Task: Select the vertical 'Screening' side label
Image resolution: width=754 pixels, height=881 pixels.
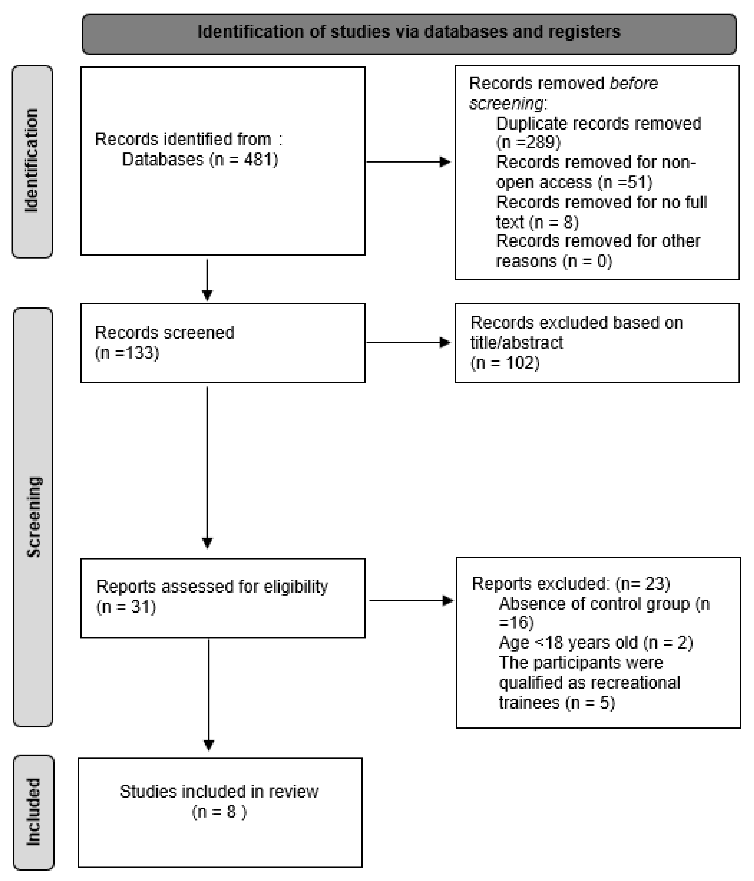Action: (x=33, y=516)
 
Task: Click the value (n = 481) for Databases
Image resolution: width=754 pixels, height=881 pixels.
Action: (x=244, y=160)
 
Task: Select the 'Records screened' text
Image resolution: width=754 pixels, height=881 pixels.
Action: (x=164, y=332)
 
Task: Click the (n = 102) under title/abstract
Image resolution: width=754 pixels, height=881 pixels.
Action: (x=505, y=363)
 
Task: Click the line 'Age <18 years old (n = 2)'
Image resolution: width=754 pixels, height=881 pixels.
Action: (x=595, y=642)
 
